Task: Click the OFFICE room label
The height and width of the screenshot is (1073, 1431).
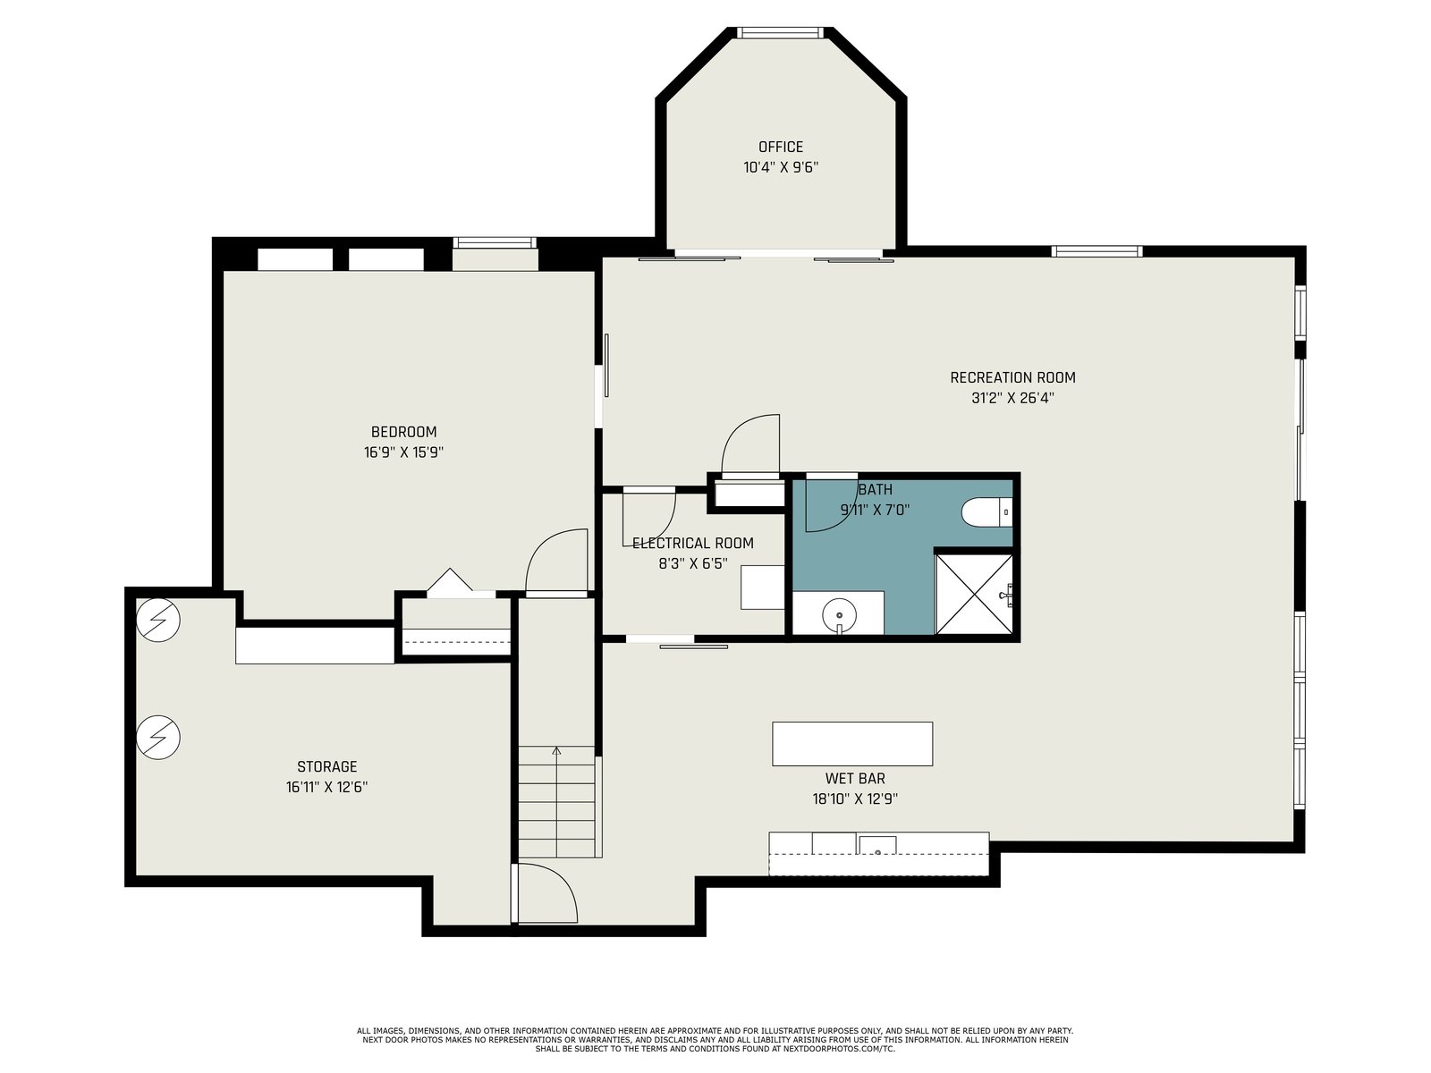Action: click(x=781, y=147)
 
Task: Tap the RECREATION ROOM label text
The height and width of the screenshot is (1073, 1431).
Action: click(x=1012, y=377)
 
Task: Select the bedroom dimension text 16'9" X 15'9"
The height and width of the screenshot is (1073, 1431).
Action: click(x=403, y=452)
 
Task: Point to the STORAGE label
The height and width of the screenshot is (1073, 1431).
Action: click(x=326, y=766)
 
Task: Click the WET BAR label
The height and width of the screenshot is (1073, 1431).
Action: click(x=855, y=778)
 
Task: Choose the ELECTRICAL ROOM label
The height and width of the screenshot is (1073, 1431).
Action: click(x=692, y=543)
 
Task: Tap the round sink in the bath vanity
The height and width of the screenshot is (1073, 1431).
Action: click(x=839, y=615)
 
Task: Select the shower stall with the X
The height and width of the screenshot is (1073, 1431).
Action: click(x=974, y=594)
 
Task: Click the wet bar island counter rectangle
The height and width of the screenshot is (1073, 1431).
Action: click(x=852, y=743)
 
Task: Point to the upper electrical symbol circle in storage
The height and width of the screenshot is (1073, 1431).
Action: click(x=157, y=620)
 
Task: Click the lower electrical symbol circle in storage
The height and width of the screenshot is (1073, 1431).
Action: click(x=157, y=737)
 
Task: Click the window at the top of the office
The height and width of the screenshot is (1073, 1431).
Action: click(x=781, y=32)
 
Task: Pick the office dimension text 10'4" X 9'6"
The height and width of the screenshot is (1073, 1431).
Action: click(x=781, y=167)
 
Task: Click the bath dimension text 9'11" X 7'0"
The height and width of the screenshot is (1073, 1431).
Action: click(x=875, y=510)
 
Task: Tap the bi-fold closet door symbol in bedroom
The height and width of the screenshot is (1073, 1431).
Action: click(x=450, y=579)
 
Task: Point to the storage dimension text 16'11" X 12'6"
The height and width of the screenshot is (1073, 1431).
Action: click(x=326, y=787)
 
